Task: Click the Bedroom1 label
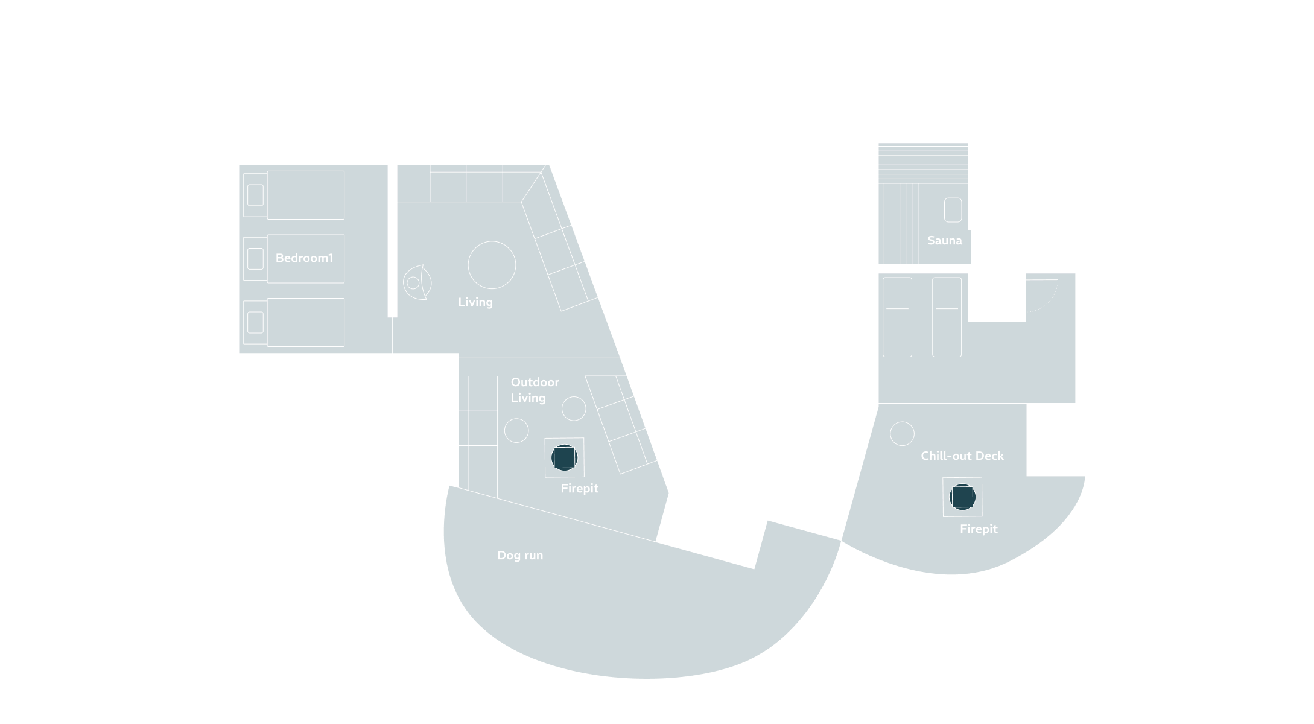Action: pyautogui.click(x=304, y=258)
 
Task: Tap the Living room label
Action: pyautogui.click(x=475, y=302)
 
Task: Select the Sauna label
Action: pyautogui.click(x=945, y=240)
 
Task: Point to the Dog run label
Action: pyautogui.click(x=520, y=555)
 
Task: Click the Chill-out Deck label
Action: pyautogui.click(x=962, y=456)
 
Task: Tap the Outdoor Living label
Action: pyautogui.click(x=535, y=390)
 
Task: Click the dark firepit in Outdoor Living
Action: pyautogui.click(x=564, y=457)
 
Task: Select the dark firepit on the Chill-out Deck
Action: pyautogui.click(x=962, y=497)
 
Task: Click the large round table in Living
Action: pyautogui.click(x=492, y=265)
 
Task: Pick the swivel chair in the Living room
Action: pyautogui.click(x=417, y=282)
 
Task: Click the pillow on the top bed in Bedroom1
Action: pyautogui.click(x=255, y=195)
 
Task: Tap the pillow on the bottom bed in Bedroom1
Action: pyautogui.click(x=255, y=322)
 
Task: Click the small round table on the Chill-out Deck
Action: pyautogui.click(x=902, y=433)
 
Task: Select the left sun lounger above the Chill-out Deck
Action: pyautogui.click(x=897, y=317)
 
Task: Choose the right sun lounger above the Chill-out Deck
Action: pyautogui.click(x=947, y=317)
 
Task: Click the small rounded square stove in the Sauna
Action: pyautogui.click(x=953, y=210)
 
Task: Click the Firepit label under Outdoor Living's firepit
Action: pyautogui.click(x=580, y=488)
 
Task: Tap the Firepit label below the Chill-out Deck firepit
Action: pyautogui.click(x=979, y=529)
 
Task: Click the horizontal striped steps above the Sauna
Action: pyautogui.click(x=923, y=163)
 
